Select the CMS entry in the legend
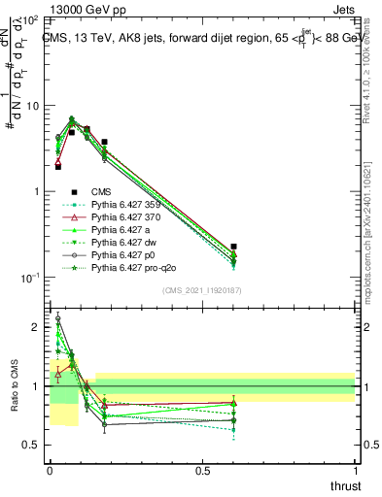tap(102, 192)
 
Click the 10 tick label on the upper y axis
tap(32, 106)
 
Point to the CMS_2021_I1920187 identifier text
tap(201, 290)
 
